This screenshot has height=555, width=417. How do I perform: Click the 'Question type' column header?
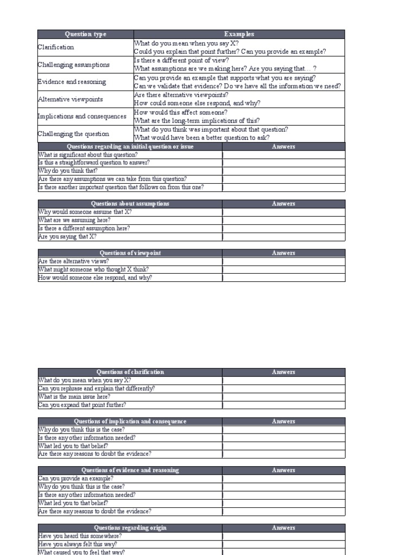tap(86, 34)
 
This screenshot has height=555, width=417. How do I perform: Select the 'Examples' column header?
tap(239, 34)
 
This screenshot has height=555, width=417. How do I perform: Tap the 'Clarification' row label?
tap(55, 47)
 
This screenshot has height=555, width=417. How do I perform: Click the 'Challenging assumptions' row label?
tap(73, 64)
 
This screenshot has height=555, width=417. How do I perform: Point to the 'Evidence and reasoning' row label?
tap(72, 82)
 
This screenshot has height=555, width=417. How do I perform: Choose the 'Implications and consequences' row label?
tap(81, 117)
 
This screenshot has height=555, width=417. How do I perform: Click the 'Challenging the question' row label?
tap(73, 134)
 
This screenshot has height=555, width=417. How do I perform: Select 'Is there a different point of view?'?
tap(181, 60)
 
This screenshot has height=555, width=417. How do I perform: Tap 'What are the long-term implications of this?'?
tap(197, 121)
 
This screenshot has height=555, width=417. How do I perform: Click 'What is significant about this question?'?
tap(88, 154)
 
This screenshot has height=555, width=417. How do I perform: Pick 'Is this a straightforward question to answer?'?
tap(94, 163)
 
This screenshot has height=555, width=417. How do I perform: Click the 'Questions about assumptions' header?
tap(130, 204)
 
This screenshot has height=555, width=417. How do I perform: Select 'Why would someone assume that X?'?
tap(85, 212)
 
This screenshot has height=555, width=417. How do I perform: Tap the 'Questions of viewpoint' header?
tap(130, 253)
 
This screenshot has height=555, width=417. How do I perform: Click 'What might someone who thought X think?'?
tap(93, 269)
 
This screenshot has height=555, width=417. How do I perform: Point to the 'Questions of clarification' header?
tap(130, 372)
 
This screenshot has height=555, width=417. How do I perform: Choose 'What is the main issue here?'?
tap(74, 397)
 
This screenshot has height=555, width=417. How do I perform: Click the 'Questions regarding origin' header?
tap(130, 528)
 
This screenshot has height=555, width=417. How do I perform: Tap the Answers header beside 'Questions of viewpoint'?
tap(283, 253)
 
